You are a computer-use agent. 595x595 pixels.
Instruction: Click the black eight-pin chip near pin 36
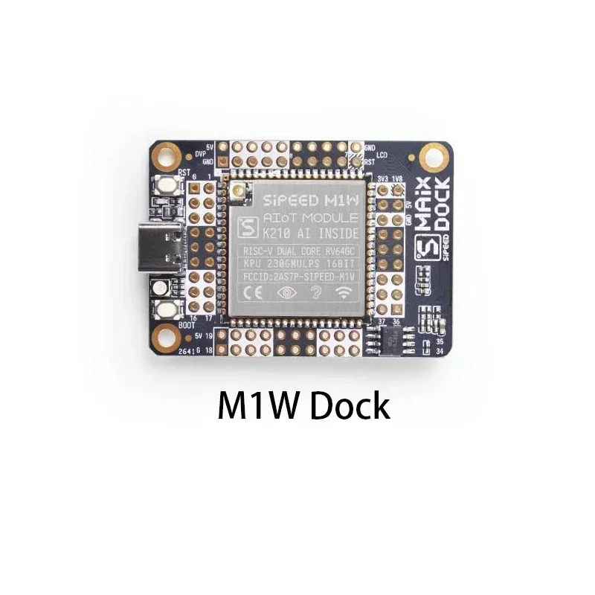(390, 339)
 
